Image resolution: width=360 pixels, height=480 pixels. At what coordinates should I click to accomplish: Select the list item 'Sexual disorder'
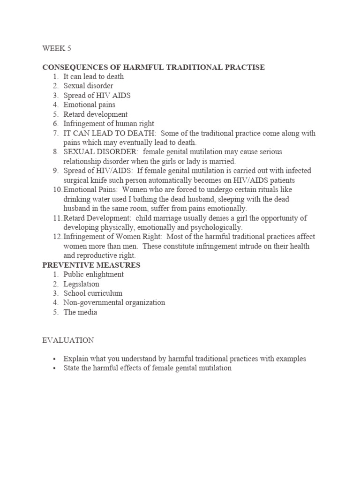(x=89, y=86)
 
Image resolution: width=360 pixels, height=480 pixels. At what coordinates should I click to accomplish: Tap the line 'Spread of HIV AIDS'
(x=97, y=96)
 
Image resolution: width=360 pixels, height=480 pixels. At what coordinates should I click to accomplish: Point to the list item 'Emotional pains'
(x=90, y=105)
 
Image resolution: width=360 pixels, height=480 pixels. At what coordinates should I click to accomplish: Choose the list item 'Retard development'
(x=96, y=114)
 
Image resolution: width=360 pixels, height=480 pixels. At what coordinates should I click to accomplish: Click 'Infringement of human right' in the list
(x=109, y=124)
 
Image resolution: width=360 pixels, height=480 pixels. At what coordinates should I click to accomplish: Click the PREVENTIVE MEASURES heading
(x=91, y=265)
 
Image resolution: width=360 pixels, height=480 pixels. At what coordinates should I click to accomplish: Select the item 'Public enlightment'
(x=94, y=275)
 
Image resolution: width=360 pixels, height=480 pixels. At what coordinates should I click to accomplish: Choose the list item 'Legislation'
(x=82, y=284)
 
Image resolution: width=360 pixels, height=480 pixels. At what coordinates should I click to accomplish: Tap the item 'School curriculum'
(x=93, y=293)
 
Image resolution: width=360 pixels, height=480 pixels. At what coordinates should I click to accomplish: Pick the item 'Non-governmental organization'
(x=114, y=303)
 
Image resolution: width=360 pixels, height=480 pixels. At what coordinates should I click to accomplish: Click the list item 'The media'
(x=81, y=312)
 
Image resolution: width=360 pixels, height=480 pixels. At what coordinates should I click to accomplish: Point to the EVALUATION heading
(x=68, y=340)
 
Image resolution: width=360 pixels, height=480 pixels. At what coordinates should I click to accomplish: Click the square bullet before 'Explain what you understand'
(x=54, y=359)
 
